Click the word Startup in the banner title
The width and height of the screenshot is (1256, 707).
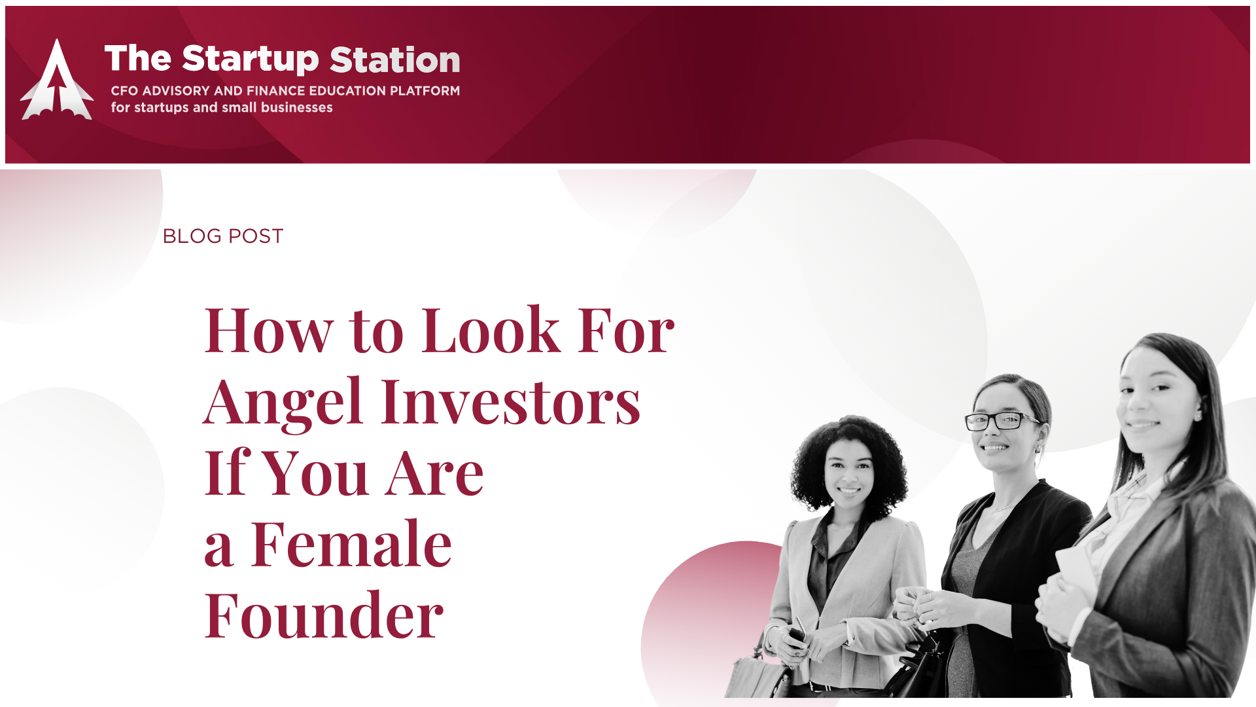pos(251,60)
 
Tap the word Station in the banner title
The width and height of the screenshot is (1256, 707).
pos(395,60)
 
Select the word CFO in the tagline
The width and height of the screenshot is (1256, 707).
pos(124,91)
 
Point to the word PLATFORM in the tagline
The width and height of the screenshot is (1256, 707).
pos(425,91)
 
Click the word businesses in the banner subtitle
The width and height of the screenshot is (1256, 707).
pos(297,107)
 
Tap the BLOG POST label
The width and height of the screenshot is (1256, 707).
pos(223,236)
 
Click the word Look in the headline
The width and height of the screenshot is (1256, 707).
pos(491,330)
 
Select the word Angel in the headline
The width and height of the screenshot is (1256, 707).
pos(283,402)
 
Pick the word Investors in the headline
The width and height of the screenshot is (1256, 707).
pos(511,401)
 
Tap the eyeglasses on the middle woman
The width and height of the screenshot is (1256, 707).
pos(1000,421)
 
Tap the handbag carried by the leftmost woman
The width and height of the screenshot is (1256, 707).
pos(759,674)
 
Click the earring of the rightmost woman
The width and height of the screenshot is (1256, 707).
pos(1198,416)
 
